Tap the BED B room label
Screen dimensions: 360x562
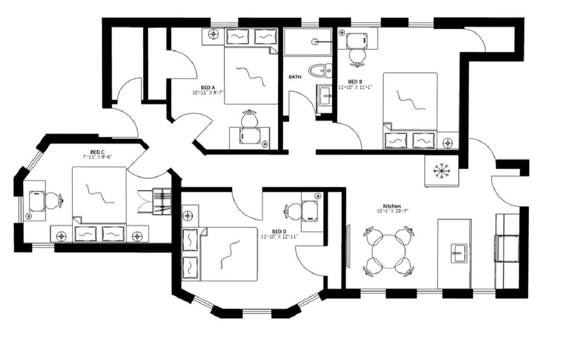point(355,82)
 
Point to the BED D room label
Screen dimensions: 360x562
point(279,231)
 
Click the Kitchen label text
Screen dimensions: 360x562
point(392,205)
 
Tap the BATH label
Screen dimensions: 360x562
point(295,77)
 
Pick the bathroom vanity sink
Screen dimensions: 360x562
point(324,94)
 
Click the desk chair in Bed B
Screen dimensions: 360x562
point(357,57)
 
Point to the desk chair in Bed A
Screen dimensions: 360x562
point(250,118)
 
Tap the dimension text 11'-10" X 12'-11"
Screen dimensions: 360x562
point(279,237)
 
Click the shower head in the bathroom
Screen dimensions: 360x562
point(315,42)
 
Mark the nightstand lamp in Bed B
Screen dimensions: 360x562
point(448,142)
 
